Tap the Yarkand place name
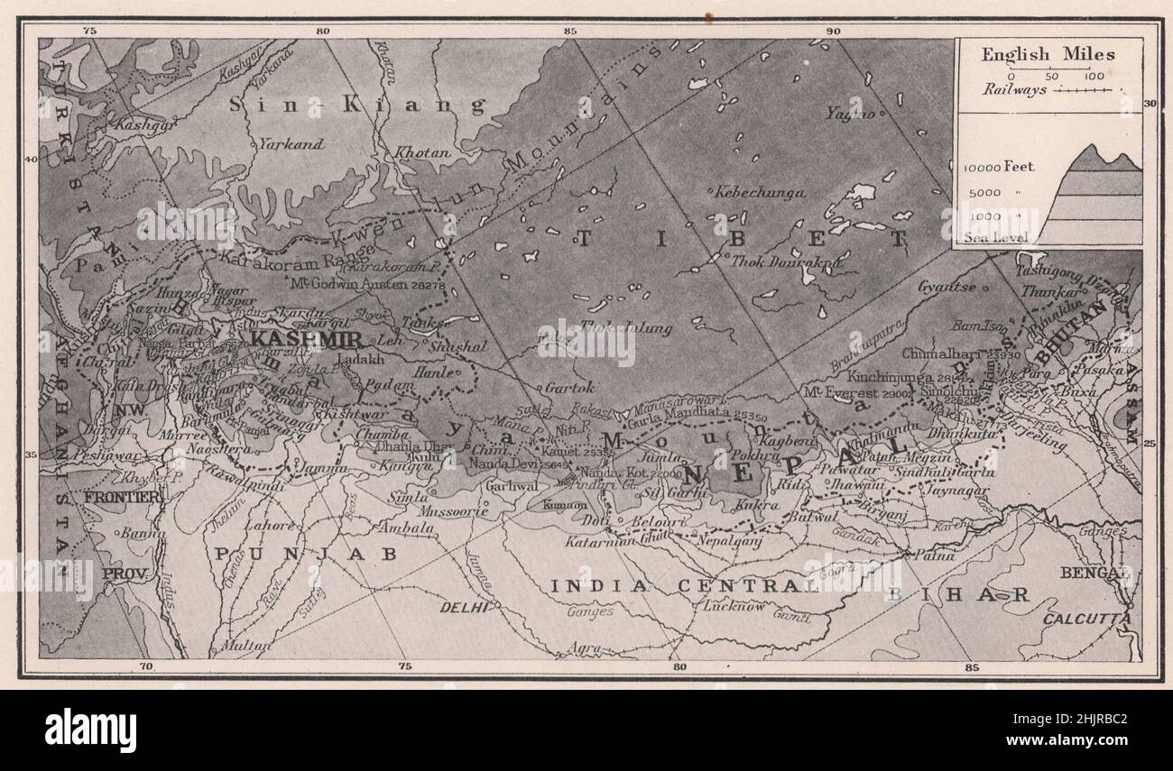click(x=290, y=143)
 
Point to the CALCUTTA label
click(x=1086, y=619)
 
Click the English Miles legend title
click(x=1048, y=54)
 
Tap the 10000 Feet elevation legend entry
click(x=999, y=167)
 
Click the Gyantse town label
click(x=946, y=286)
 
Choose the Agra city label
click(x=585, y=647)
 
